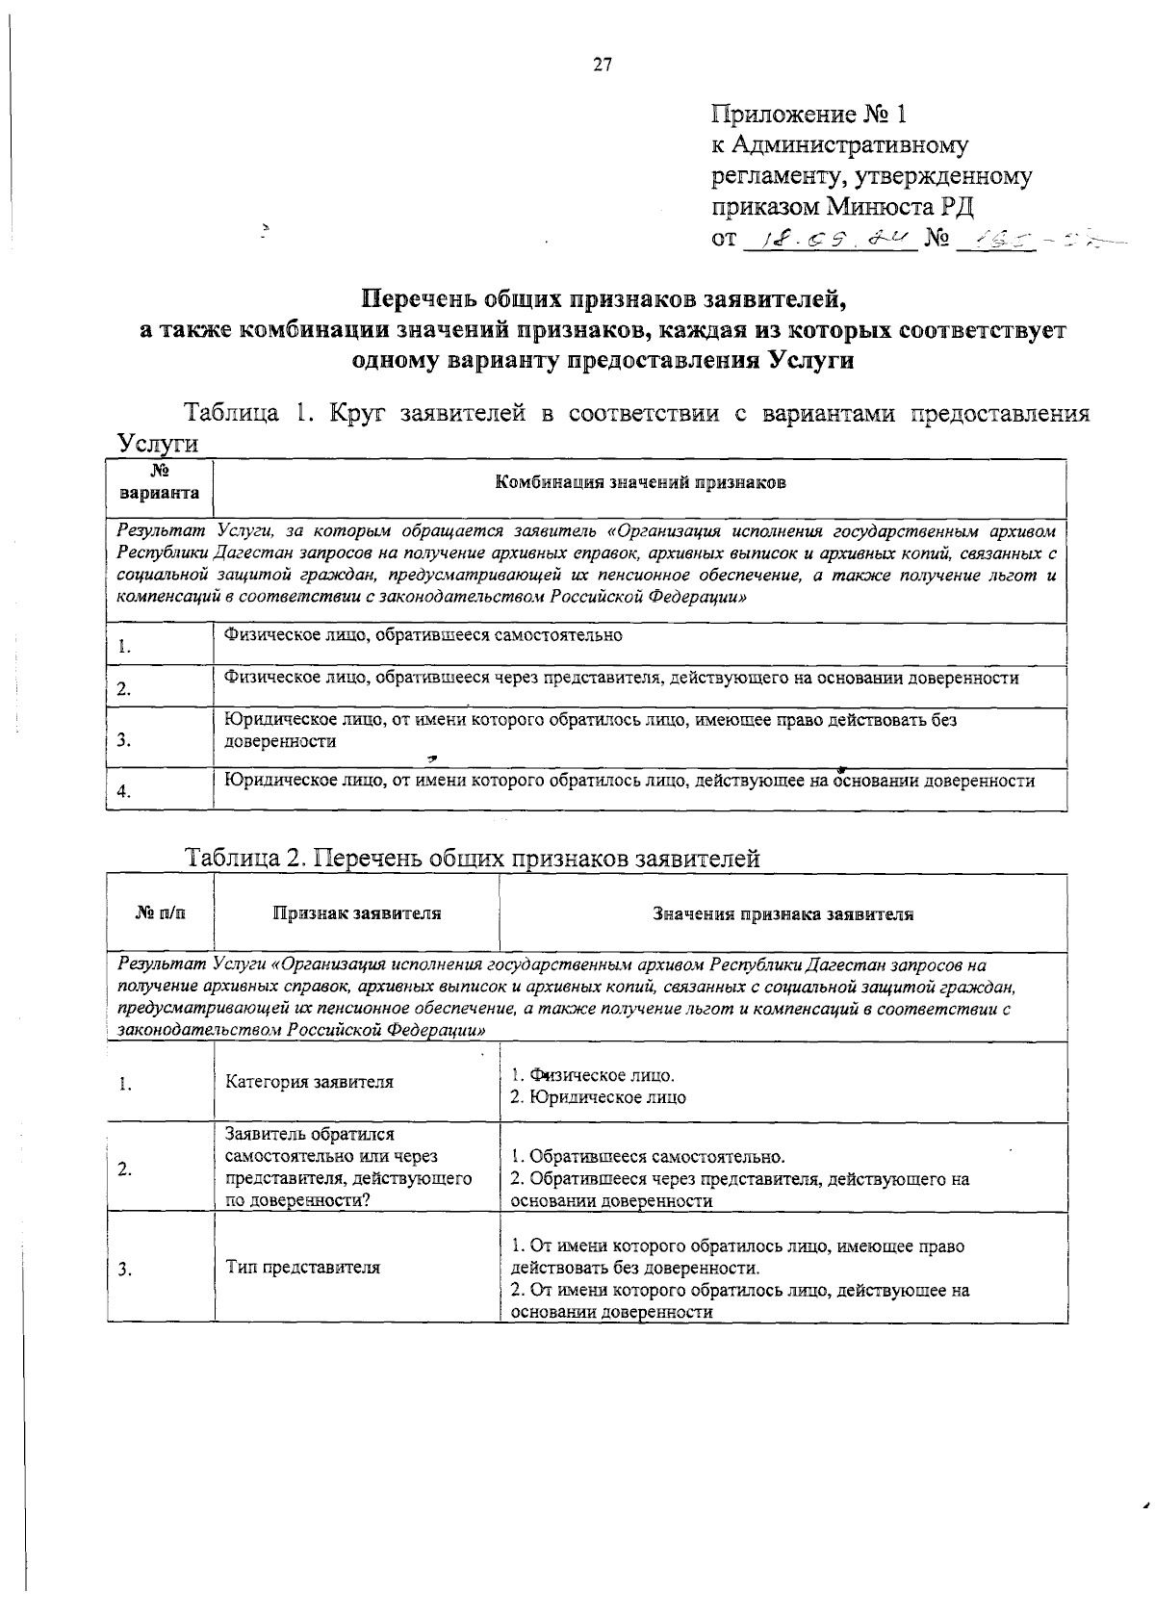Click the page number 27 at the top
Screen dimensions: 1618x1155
tap(603, 65)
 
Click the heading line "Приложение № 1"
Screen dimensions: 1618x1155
tap(809, 116)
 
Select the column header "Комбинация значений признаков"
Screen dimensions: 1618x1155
tap(640, 483)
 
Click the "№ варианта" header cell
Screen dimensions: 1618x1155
tap(160, 483)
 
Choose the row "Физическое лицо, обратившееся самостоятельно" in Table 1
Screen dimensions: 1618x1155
tap(423, 635)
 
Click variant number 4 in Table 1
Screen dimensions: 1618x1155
tap(123, 792)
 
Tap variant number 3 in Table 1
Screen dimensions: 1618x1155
tap(123, 740)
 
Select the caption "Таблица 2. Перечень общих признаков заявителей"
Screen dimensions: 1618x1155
tap(473, 859)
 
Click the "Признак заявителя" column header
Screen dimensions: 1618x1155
tap(357, 913)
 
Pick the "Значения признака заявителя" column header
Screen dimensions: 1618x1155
tap(783, 914)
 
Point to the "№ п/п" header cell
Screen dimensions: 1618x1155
tap(160, 913)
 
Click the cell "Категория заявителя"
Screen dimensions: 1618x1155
tap(309, 1082)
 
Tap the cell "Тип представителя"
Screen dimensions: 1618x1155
tap(302, 1268)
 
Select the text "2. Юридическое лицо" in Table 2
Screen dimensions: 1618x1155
tap(598, 1097)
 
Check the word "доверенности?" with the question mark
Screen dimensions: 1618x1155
tap(298, 1200)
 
